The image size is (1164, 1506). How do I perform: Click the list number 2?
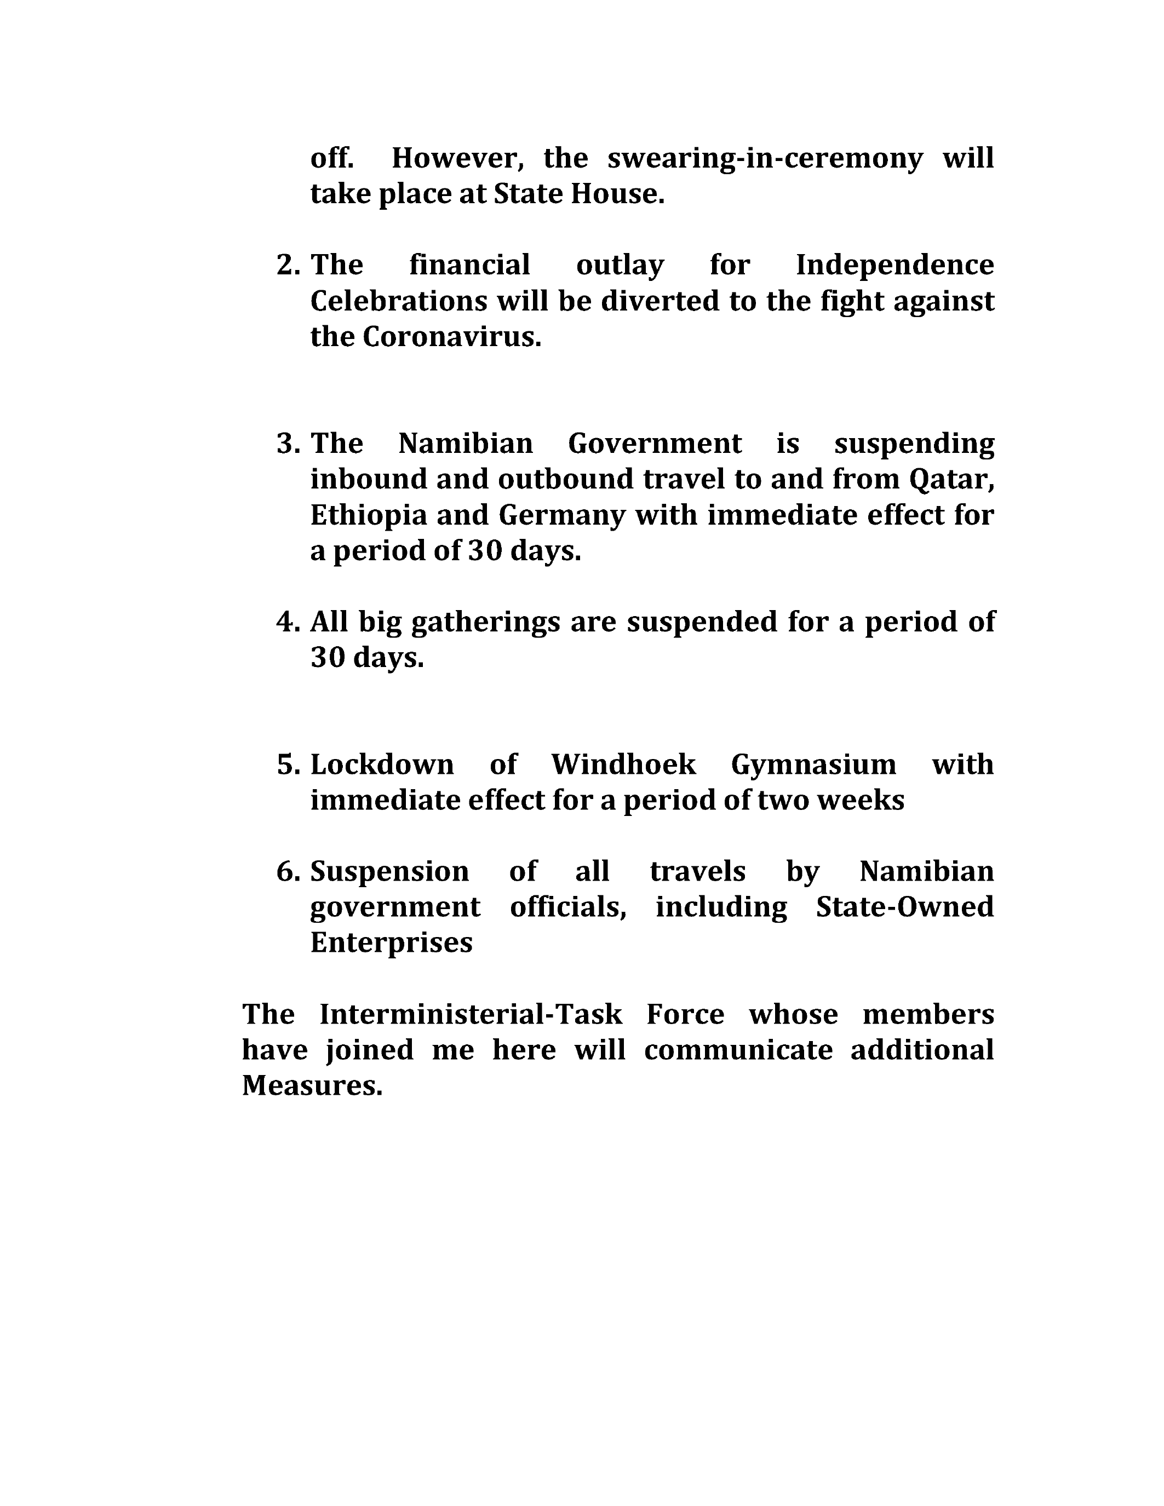click(x=288, y=266)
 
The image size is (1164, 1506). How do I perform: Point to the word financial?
click(x=469, y=266)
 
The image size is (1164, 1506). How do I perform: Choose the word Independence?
click(x=894, y=266)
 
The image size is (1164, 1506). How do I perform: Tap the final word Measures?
click(x=312, y=1086)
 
